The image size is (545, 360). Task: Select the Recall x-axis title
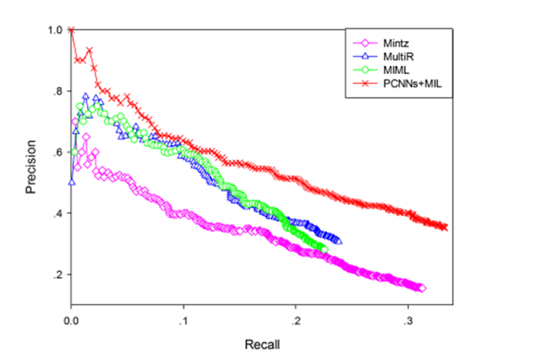point(262,343)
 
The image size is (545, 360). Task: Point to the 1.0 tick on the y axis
point(54,31)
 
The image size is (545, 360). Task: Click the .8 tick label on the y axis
point(56,92)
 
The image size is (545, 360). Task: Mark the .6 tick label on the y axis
point(56,153)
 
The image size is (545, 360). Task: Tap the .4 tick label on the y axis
point(56,214)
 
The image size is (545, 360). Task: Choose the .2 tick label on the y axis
point(56,275)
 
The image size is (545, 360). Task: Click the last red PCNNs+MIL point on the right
point(445,227)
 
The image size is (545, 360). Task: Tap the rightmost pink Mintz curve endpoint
point(423,288)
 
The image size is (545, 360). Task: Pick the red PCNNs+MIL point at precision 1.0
point(72,31)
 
